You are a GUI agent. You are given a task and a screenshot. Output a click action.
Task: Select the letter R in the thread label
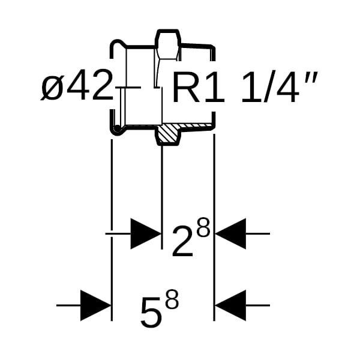pyautogui.click(x=184, y=88)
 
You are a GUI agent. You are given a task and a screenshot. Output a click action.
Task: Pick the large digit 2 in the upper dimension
pyautogui.click(x=182, y=241)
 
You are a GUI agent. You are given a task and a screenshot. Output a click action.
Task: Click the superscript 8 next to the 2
pyautogui.click(x=203, y=227)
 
